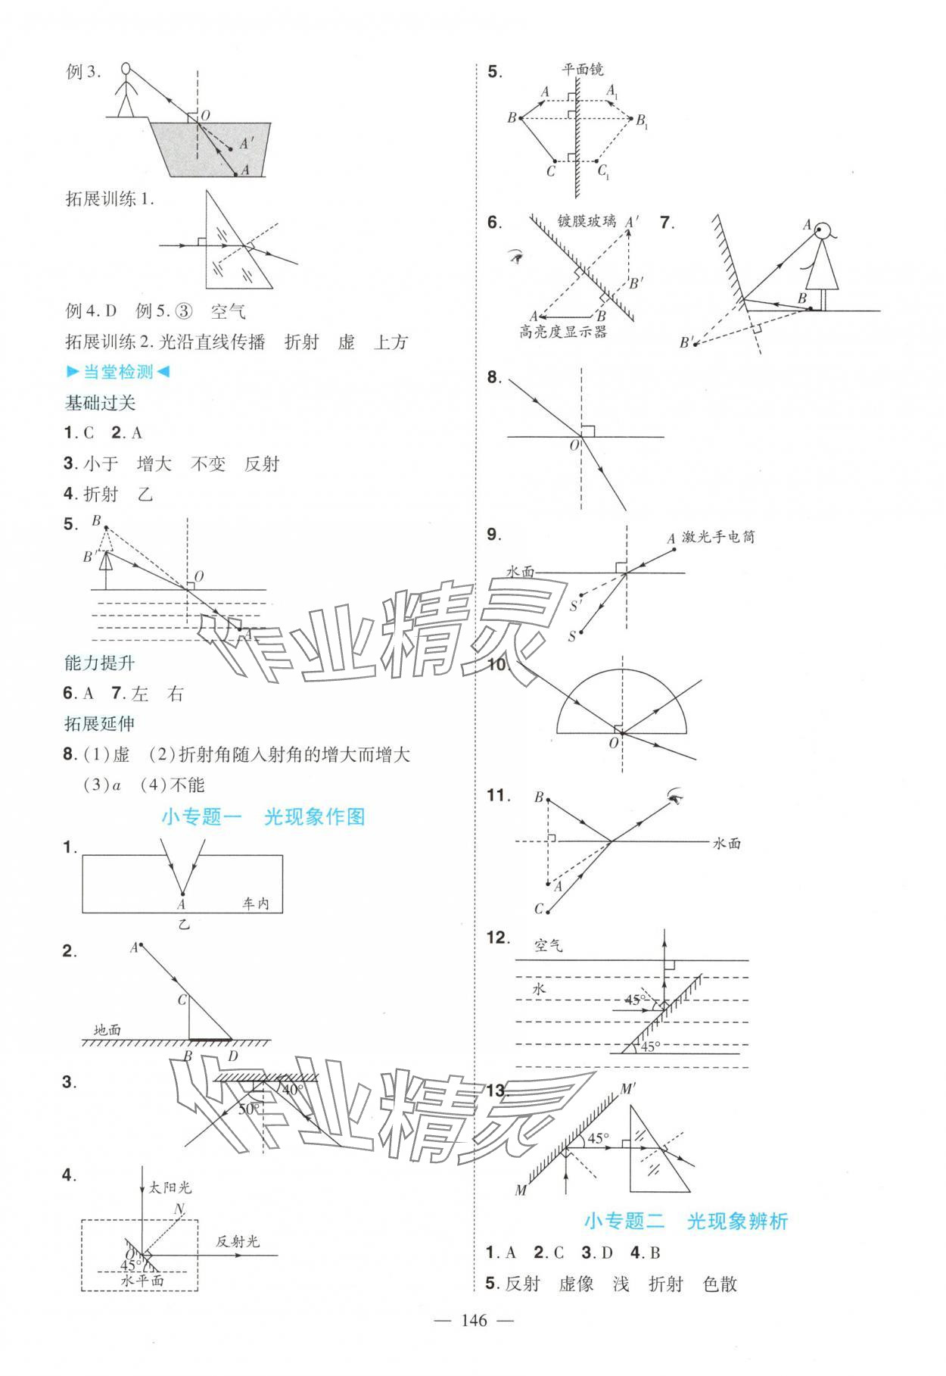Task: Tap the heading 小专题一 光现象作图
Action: click(x=263, y=816)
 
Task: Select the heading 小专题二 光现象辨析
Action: click(x=686, y=1221)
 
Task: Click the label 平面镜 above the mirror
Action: click(x=582, y=70)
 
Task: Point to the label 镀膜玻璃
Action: click(x=587, y=222)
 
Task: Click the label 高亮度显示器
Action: click(x=562, y=332)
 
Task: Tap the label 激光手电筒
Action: click(x=718, y=537)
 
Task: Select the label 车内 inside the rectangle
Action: click(x=256, y=903)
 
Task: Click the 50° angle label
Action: click(x=249, y=1109)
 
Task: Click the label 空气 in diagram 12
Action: click(x=549, y=945)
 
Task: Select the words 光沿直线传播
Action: click(x=213, y=342)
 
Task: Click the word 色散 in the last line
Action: click(x=720, y=1284)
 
